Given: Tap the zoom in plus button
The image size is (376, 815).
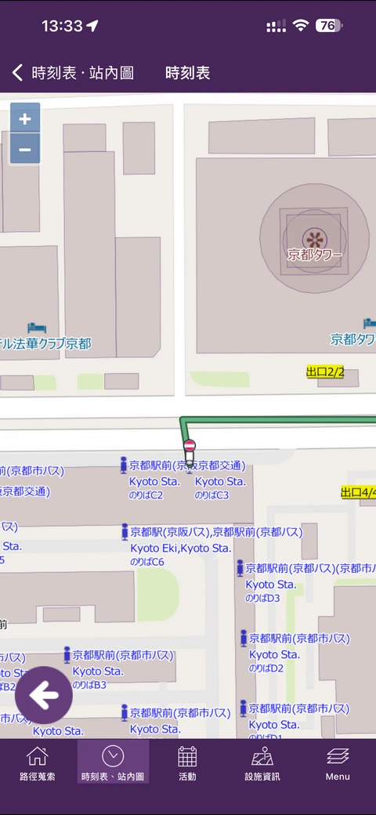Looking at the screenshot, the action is [x=25, y=119].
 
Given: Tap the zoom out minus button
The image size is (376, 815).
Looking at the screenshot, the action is [x=25, y=149].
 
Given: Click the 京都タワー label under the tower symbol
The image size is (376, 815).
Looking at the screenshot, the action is [x=315, y=254].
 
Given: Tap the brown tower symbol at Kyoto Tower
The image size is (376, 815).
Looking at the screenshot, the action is [x=314, y=237].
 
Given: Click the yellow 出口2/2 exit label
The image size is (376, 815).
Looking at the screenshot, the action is [x=325, y=371].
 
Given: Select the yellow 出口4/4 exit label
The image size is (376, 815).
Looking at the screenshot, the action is [x=359, y=492].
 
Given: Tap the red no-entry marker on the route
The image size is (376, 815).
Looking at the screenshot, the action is [x=189, y=447].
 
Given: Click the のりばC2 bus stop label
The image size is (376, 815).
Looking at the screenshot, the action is [x=146, y=495].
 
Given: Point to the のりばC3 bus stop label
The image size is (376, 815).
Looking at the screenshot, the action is [x=212, y=495].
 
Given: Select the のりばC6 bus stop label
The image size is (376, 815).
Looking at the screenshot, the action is [x=147, y=562].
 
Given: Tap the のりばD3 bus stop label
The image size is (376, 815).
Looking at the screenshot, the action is [x=262, y=598].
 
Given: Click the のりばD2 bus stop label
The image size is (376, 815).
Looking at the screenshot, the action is [x=266, y=668].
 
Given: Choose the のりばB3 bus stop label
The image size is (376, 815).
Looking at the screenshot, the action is [x=89, y=685].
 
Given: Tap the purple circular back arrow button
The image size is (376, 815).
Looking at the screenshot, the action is [x=44, y=694].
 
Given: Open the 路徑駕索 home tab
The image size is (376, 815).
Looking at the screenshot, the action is [x=38, y=764].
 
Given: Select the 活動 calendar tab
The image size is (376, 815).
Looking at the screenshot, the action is [x=187, y=764].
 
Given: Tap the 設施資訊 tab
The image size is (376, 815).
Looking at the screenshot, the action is [x=262, y=764].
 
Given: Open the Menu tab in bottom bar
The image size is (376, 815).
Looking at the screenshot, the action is [x=338, y=764].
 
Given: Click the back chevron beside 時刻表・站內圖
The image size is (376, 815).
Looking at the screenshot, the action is [x=17, y=73].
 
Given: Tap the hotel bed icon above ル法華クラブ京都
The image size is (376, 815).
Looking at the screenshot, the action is [x=32, y=327].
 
